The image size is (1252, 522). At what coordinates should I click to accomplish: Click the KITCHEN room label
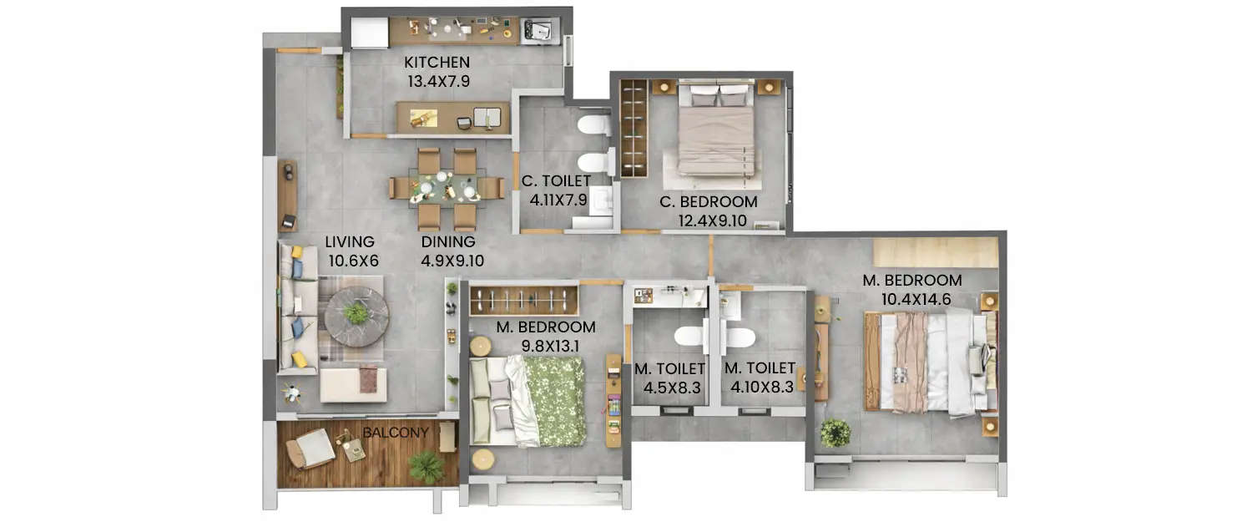[437, 63]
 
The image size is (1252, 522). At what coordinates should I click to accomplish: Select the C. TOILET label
[556, 180]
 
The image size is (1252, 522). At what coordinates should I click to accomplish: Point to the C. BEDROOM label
[708, 202]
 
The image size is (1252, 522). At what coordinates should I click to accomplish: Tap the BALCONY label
[396, 433]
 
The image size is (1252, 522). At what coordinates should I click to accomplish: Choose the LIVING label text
[349, 242]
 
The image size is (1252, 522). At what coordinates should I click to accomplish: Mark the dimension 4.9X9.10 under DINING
[452, 261]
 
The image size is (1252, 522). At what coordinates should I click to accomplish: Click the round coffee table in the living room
[356, 316]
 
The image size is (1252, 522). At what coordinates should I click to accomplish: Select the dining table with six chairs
[447, 189]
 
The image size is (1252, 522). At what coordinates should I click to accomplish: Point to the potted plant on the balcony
[427, 467]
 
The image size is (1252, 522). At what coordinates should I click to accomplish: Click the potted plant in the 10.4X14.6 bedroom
[835, 433]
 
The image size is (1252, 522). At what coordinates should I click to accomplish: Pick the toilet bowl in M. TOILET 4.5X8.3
[689, 337]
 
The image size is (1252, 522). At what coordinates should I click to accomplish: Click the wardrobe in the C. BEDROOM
[634, 127]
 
